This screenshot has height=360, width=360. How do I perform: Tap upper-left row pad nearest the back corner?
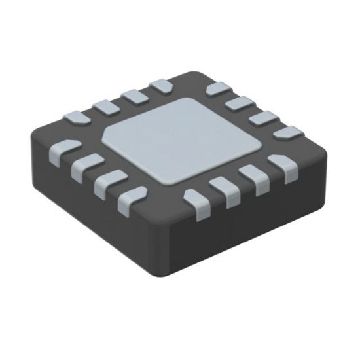[160, 84]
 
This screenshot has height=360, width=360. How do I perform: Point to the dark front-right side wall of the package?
[249, 216]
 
